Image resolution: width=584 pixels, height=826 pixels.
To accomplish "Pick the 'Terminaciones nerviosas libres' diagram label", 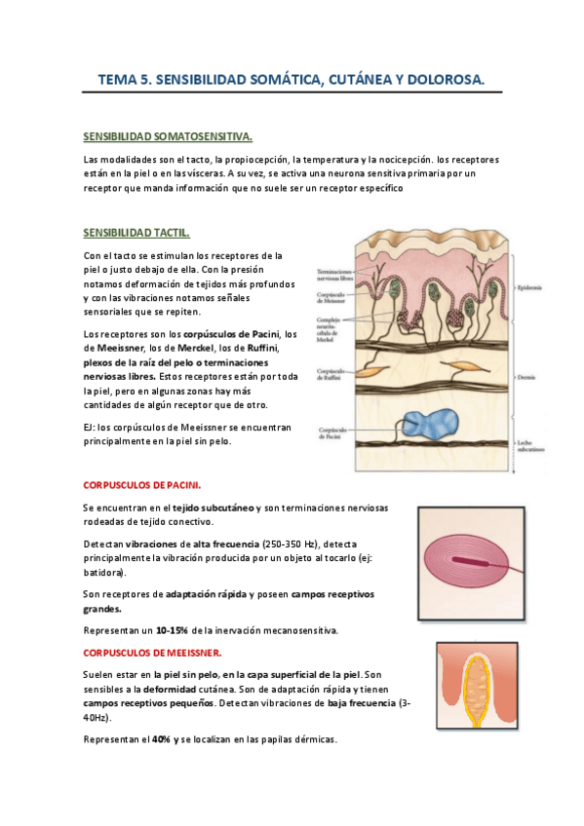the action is tap(333, 275).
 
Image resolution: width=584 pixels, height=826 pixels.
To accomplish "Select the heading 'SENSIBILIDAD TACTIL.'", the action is tap(136, 233).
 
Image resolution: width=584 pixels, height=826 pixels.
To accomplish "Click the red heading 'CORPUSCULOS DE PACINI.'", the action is tap(142, 484).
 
